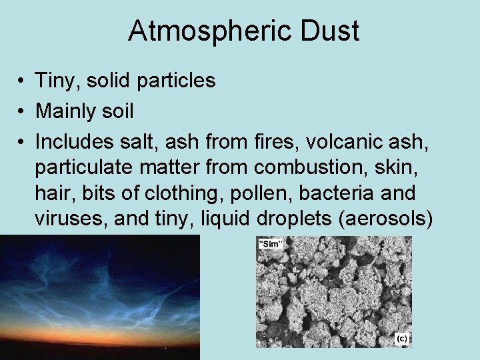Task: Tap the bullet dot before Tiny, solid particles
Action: [x=23, y=81]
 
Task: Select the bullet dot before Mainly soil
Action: [x=23, y=111]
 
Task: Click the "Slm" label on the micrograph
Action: [x=270, y=245]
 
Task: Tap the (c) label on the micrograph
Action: [x=401, y=339]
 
